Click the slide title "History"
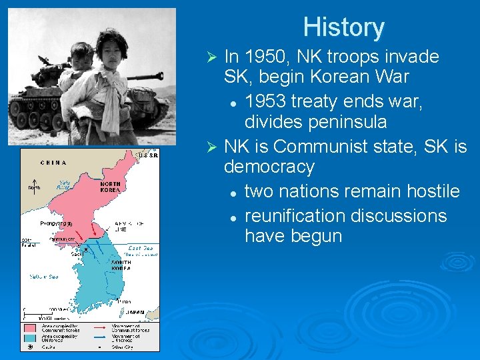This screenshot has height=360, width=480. point(343,27)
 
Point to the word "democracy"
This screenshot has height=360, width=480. point(269,166)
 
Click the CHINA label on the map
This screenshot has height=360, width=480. point(53,162)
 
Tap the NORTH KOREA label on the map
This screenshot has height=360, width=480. point(110,186)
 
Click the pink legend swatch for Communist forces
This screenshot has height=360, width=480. point(30,327)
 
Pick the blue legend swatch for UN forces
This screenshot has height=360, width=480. point(30,337)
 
